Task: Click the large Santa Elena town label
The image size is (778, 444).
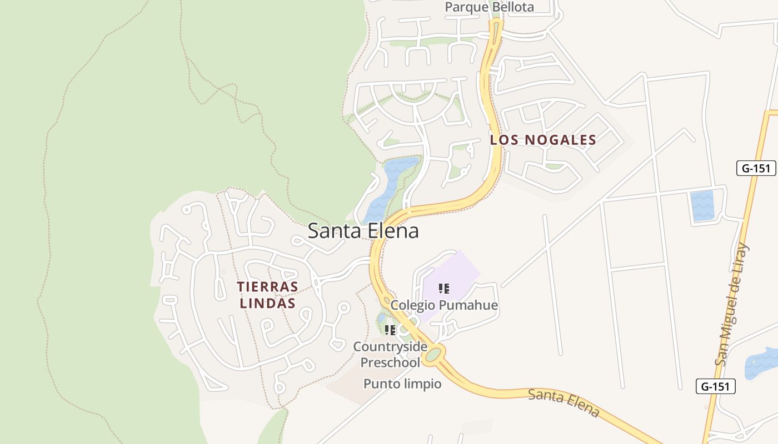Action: coord(363,230)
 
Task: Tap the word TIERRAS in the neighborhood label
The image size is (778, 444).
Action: coord(267,287)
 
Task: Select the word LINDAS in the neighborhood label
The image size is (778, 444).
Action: coord(267,304)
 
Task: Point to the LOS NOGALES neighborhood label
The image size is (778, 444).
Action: coord(543,140)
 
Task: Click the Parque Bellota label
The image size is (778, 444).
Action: coord(489,7)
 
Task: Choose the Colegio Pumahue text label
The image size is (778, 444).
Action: coord(444,305)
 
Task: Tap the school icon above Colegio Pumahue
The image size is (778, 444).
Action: coord(443,288)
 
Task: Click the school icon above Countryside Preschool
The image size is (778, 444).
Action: coord(390,330)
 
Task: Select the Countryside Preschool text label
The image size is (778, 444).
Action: coord(390,355)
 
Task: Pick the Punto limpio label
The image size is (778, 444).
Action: coord(402,384)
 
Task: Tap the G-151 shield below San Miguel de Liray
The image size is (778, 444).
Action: coord(715,386)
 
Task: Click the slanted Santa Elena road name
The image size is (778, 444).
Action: coord(563,402)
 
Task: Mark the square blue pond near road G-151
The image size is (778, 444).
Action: coord(702,206)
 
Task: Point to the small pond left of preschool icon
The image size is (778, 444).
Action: coord(382,319)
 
